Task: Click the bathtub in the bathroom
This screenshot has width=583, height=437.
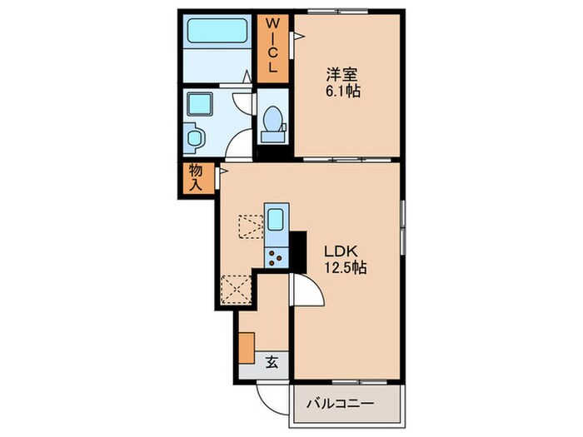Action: [x=217, y=31]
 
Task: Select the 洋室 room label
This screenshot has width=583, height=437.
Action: [x=341, y=75]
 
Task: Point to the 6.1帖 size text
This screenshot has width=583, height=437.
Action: [x=343, y=91]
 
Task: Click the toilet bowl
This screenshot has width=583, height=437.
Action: [x=273, y=119]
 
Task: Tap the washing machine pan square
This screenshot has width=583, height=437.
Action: [x=200, y=104]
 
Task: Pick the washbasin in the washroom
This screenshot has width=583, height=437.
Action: [x=194, y=138]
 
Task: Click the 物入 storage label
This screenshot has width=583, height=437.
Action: [x=196, y=177]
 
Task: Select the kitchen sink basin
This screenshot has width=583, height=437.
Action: [x=275, y=219]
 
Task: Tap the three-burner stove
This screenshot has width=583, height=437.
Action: [x=276, y=257]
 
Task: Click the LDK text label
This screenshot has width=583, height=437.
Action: [x=341, y=251]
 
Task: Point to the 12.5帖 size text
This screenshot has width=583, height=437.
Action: [x=346, y=267]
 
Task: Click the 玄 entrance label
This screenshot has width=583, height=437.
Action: [x=272, y=362]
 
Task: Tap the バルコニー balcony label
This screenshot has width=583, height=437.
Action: [x=340, y=404]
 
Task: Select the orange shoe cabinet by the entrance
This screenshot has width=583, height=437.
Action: [x=247, y=348]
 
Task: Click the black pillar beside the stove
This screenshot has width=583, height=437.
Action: [x=298, y=252]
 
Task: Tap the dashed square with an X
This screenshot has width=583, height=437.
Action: [x=236, y=290]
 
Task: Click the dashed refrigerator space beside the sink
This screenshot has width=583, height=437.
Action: [x=251, y=226]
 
